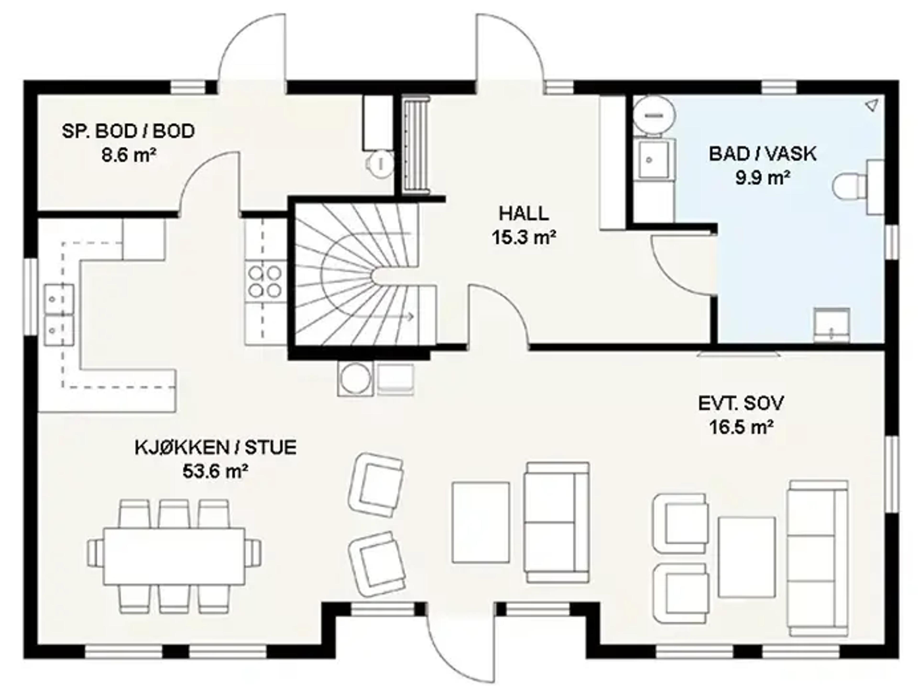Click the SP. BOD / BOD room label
click(128, 131)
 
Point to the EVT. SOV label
click(741, 403)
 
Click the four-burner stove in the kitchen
click(265, 281)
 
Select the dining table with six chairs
click(174, 556)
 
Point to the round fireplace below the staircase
click(355, 379)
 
